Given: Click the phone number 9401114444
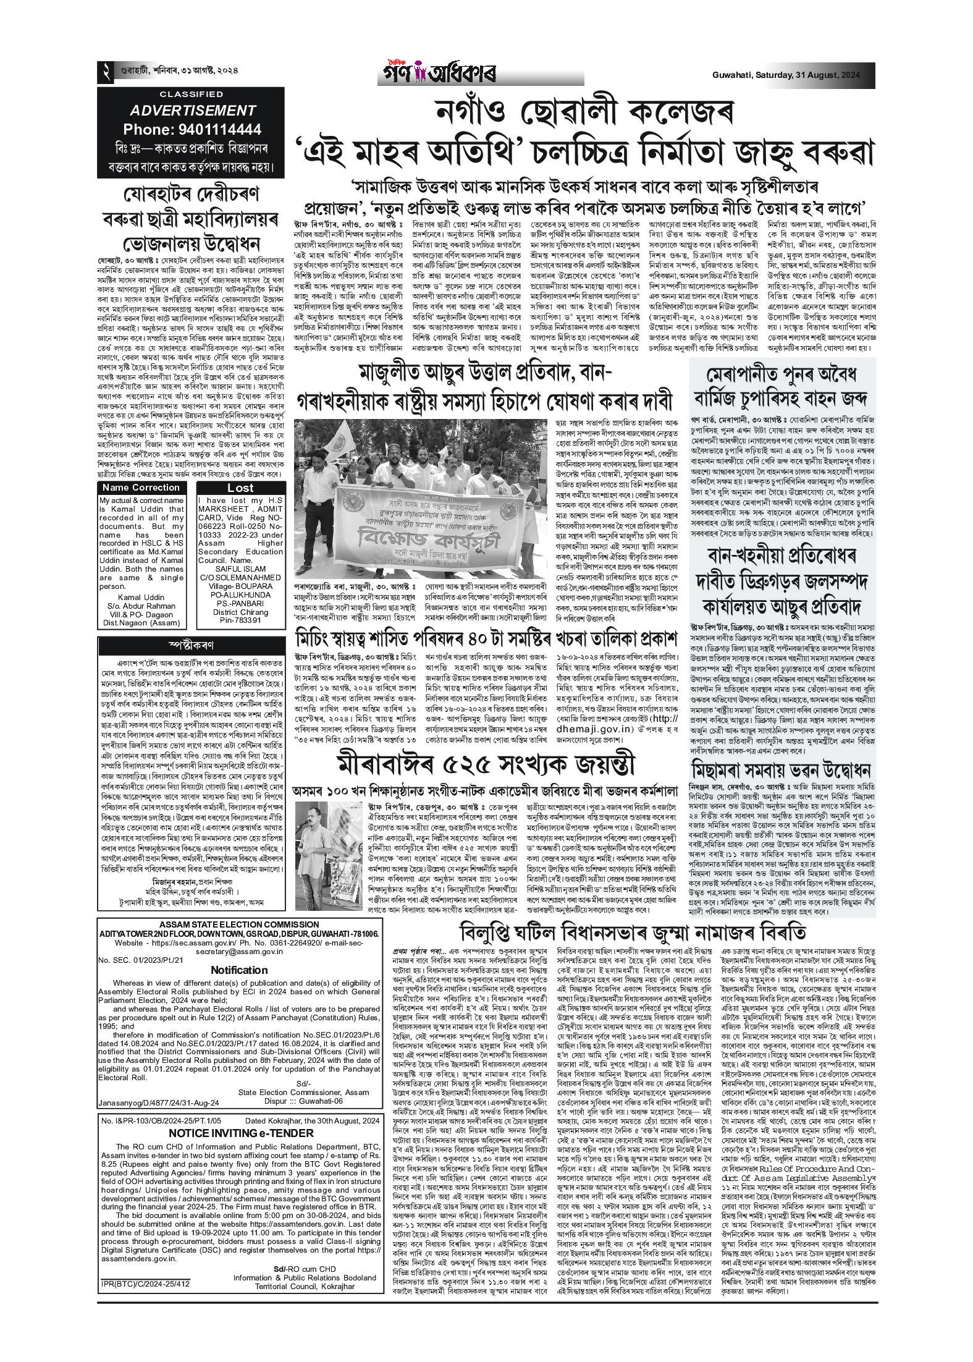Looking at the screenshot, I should tap(192, 130).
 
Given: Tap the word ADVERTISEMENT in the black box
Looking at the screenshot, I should tap(192, 111).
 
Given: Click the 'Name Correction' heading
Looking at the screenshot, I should tap(141, 488).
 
